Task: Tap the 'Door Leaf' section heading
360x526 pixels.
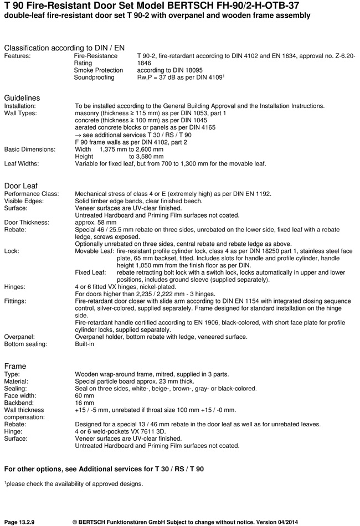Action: [21, 185]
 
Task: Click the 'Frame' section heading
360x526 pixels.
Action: [15, 366]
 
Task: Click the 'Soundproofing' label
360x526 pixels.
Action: [94, 78]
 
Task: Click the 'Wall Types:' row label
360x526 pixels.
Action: [20, 113]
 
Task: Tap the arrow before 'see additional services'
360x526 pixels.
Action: [78, 135]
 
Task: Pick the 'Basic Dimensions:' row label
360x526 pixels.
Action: [30, 149]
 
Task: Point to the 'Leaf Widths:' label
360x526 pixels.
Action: [23, 164]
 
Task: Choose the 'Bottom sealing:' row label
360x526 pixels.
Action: [26, 344]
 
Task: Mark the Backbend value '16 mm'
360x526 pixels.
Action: [84, 403]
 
